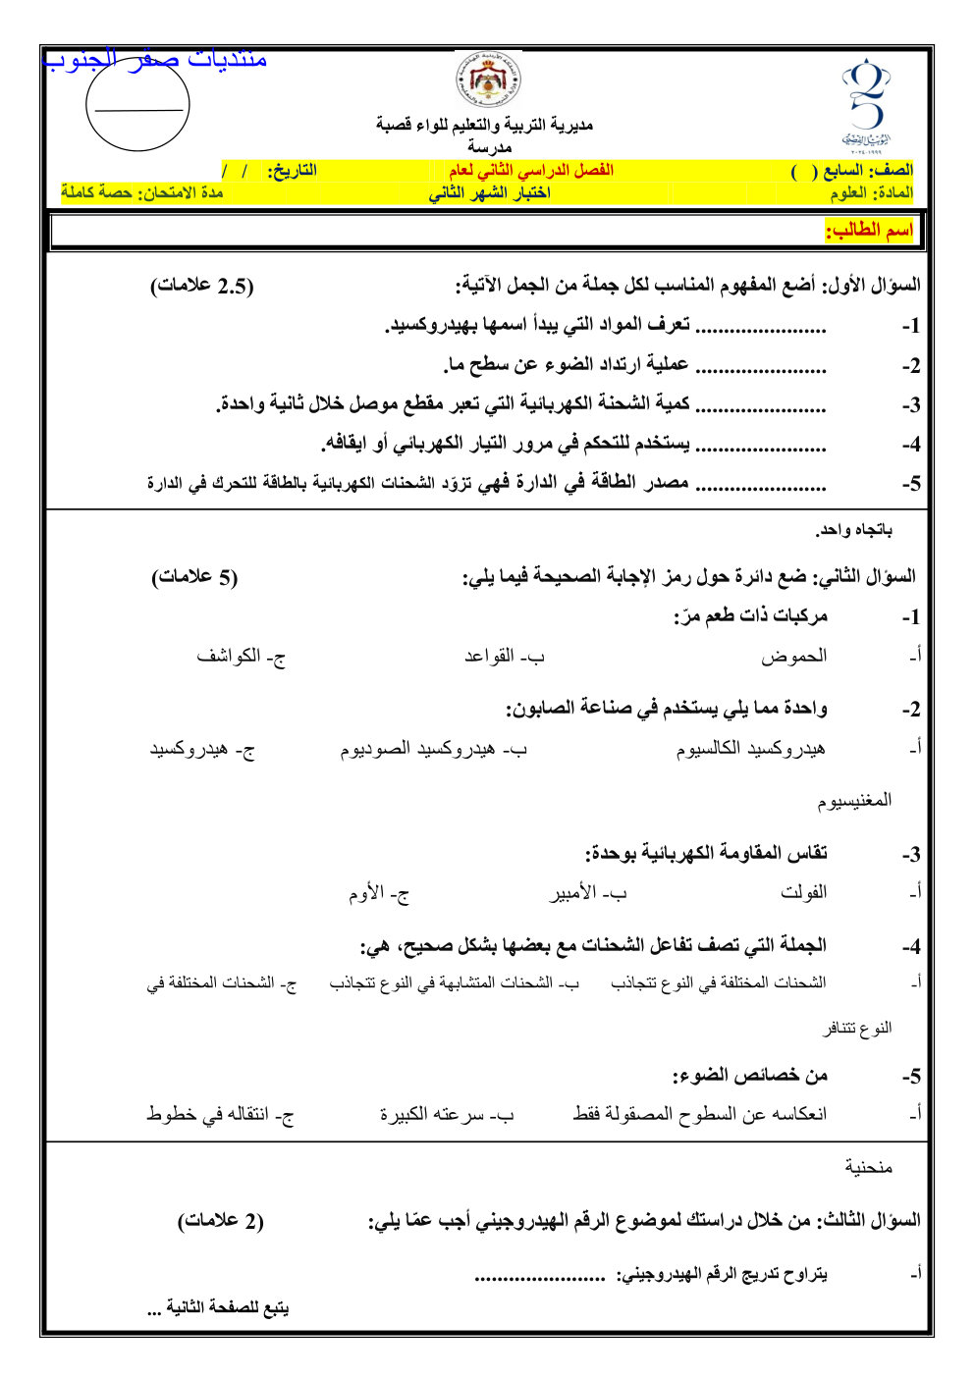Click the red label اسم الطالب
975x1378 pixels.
pos(868,232)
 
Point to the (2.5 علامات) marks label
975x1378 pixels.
pos(201,287)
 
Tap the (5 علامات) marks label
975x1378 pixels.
pos(194,577)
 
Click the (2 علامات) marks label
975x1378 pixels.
pos(220,1221)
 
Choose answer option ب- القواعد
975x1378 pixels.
pos(504,657)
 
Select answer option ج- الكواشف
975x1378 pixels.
pos(241,657)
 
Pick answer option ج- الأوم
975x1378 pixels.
pos(378,894)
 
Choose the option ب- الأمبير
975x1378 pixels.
pos(587,894)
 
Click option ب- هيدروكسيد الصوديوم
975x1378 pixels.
pos(433,750)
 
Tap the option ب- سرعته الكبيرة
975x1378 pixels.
pos(447,1115)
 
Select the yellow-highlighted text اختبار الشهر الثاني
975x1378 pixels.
pos(489,193)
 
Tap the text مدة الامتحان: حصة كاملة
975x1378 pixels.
pos(142,192)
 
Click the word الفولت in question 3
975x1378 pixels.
pos(803,892)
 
